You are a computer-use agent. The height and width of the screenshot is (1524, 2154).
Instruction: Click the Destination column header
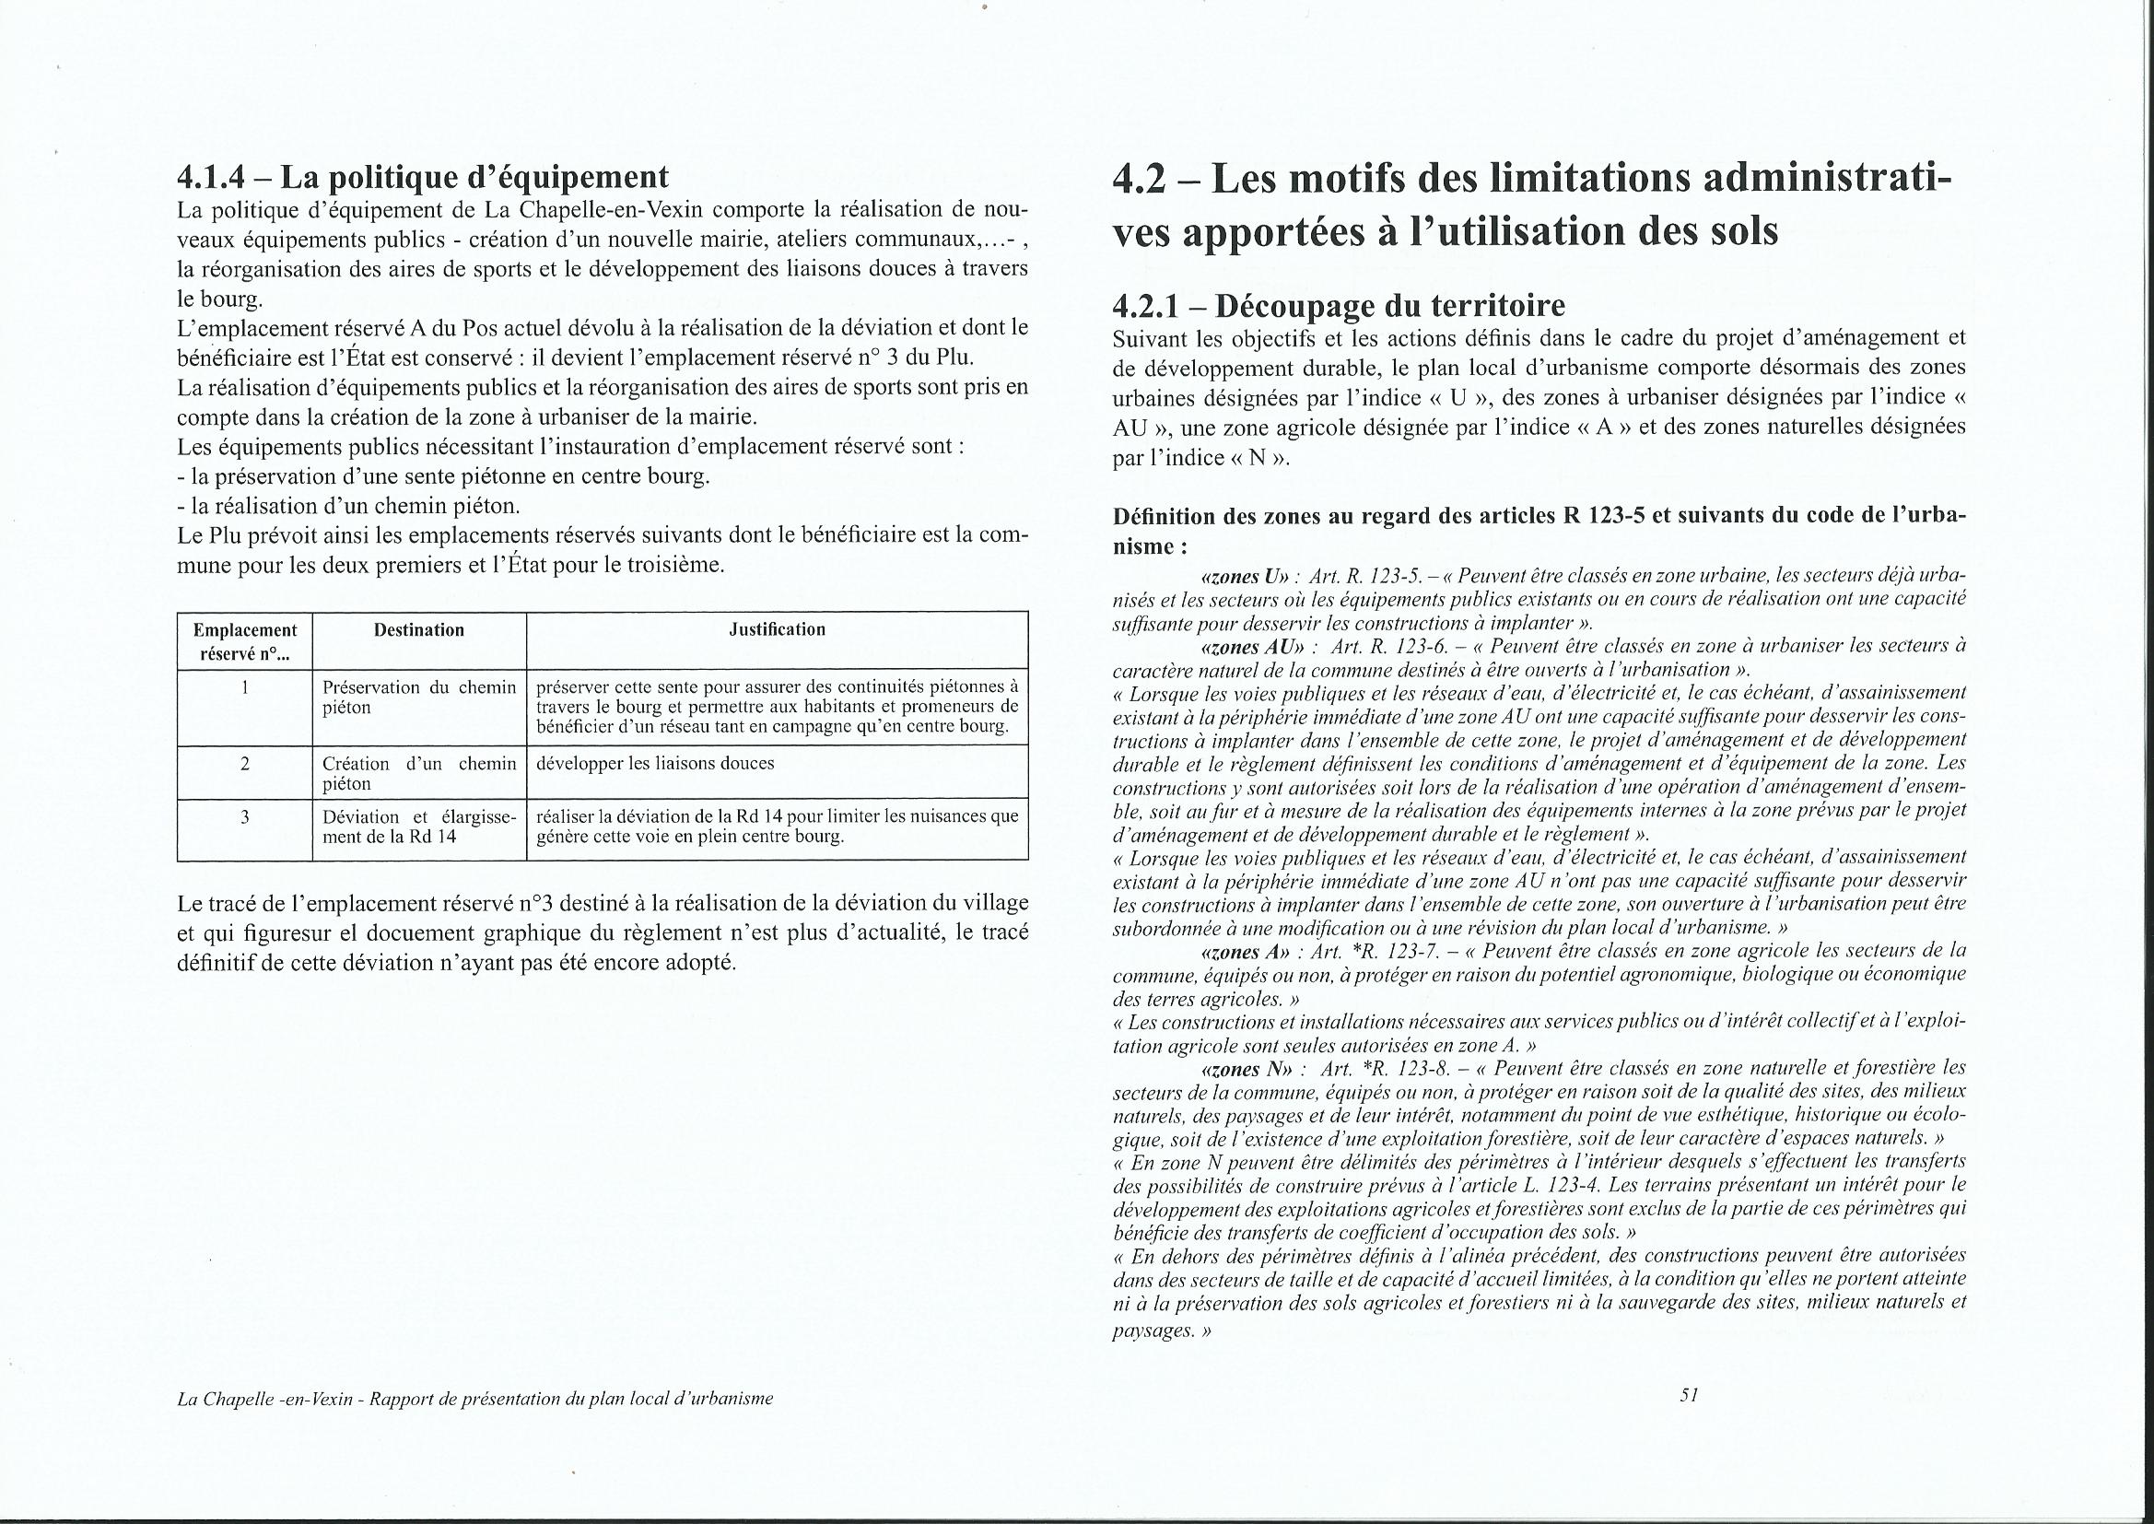(x=418, y=630)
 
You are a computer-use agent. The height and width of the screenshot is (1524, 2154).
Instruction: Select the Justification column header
(x=777, y=629)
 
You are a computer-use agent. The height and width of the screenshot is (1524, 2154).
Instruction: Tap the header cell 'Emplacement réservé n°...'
(x=245, y=642)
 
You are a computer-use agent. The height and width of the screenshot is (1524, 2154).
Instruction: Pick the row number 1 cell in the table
(x=245, y=688)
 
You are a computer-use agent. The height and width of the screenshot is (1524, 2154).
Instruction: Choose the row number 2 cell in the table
(x=245, y=764)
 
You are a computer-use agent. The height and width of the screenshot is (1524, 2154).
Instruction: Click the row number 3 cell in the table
(x=245, y=817)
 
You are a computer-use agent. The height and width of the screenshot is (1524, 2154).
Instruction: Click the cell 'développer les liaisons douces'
(x=655, y=764)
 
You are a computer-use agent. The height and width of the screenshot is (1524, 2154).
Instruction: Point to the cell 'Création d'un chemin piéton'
(x=418, y=773)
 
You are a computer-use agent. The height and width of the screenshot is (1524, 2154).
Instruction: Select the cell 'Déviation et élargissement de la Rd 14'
(x=418, y=826)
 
